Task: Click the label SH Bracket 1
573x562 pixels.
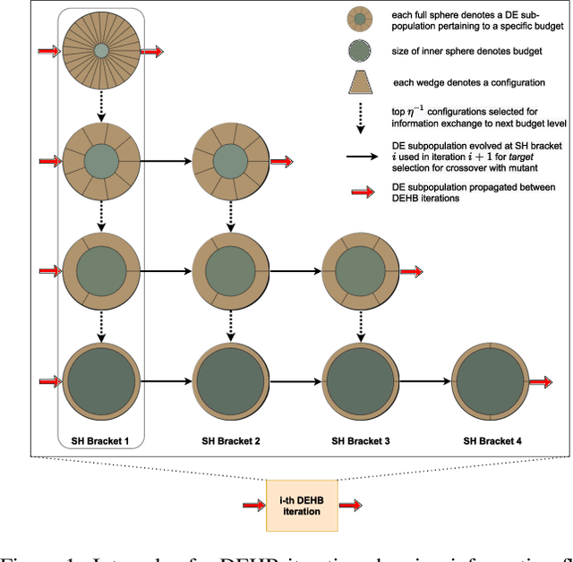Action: pyautogui.click(x=100, y=439)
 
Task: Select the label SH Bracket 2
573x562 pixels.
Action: pyautogui.click(x=231, y=439)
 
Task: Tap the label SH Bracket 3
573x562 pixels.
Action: pyautogui.click(x=360, y=439)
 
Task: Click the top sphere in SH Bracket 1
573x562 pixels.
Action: pyautogui.click(x=101, y=51)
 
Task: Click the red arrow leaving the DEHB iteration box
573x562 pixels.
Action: pyautogui.click(x=352, y=506)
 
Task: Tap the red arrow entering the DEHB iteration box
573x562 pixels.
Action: pyautogui.click(x=252, y=506)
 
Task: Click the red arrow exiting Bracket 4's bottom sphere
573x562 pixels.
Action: pyautogui.click(x=541, y=381)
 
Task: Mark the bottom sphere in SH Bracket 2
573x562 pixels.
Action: pyautogui.click(x=231, y=381)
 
